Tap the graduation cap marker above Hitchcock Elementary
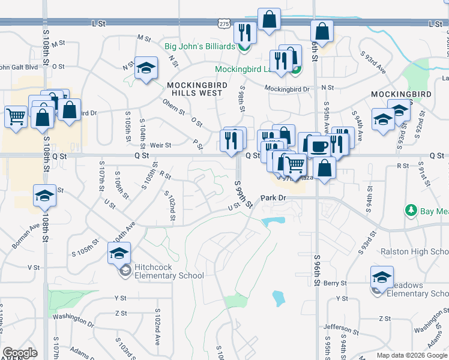pyautogui.click(x=119, y=253)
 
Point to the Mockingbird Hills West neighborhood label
pyautogui.click(x=197, y=89)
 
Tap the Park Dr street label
pyautogui.click(x=275, y=198)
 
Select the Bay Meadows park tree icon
pyautogui.click(x=412, y=211)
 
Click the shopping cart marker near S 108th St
pyautogui.click(x=16, y=116)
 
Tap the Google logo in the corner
pyautogui.click(x=20, y=353)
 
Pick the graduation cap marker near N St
pyautogui.click(x=146, y=68)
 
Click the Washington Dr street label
pyautogui.click(x=74, y=316)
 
